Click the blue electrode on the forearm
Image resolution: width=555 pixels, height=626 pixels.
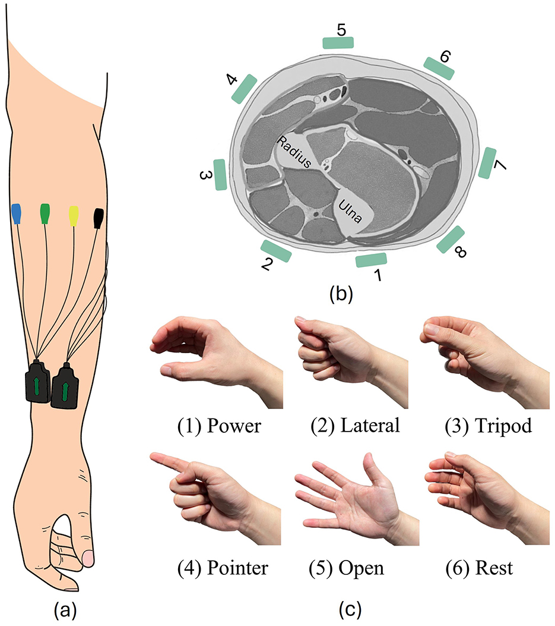[x=17, y=214]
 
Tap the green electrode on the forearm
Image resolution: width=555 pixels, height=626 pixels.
[x=45, y=214]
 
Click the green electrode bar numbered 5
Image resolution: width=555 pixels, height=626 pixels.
[x=338, y=42]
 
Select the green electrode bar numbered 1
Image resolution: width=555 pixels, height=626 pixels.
[x=371, y=259]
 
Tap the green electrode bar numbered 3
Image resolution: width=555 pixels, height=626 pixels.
[x=220, y=174]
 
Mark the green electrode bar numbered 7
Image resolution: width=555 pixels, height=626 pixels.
[x=487, y=163]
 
